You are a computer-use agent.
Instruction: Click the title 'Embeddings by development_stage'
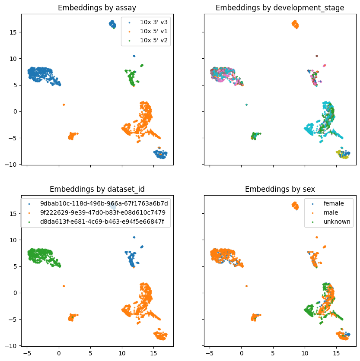tap(280, 7)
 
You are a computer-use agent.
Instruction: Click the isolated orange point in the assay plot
tap(64, 104)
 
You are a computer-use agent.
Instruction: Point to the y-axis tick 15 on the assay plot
tap(14, 32)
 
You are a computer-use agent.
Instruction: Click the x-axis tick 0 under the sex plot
tap(242, 353)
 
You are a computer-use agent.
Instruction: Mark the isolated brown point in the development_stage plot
tap(317, 56)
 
